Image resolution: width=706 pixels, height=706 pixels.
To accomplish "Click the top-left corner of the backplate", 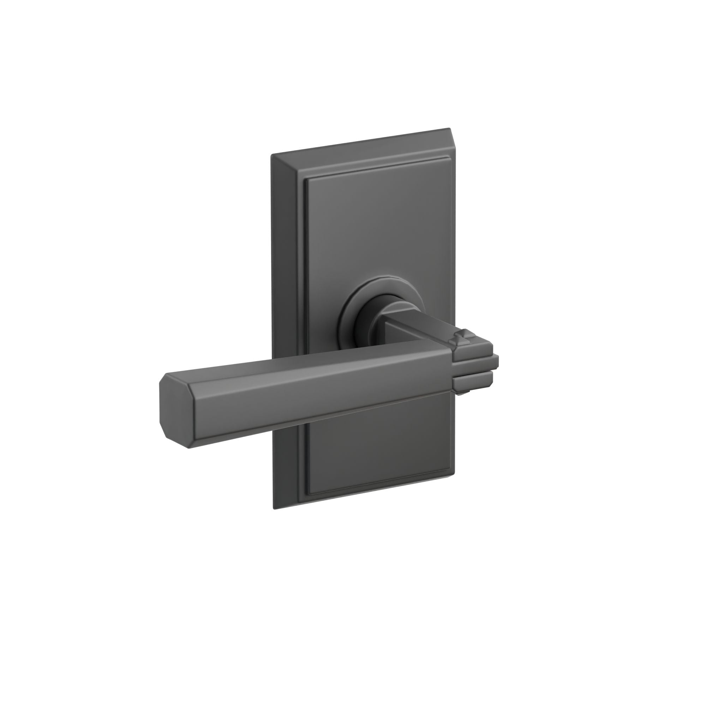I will pos(273,156).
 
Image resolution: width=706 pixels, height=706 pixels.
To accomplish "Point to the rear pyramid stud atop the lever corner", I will pos(464,333).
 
